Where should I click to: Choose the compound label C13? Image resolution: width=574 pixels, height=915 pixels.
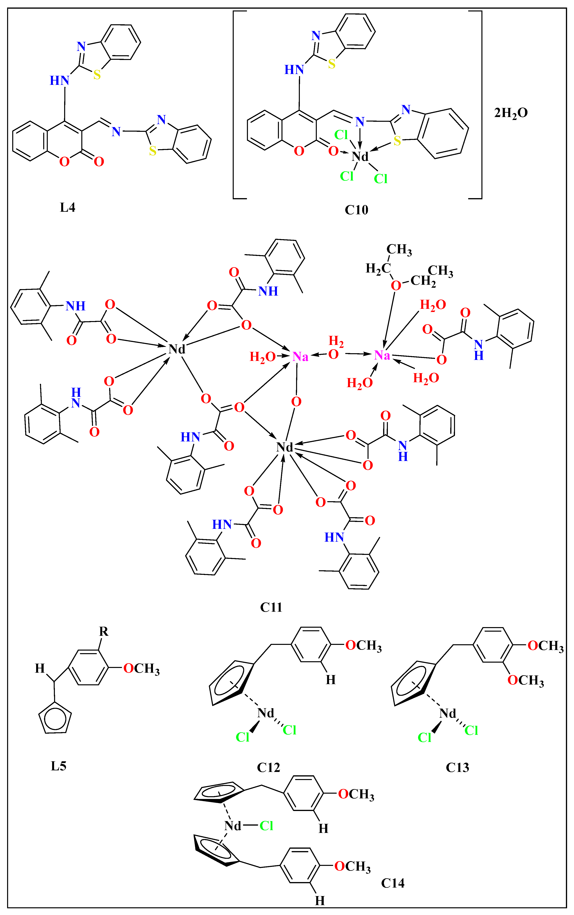point(457,767)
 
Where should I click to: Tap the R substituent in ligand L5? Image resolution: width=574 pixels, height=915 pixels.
point(104,631)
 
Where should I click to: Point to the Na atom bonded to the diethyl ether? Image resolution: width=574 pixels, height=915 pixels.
point(382,355)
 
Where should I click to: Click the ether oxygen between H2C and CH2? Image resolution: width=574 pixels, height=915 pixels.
point(396,285)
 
